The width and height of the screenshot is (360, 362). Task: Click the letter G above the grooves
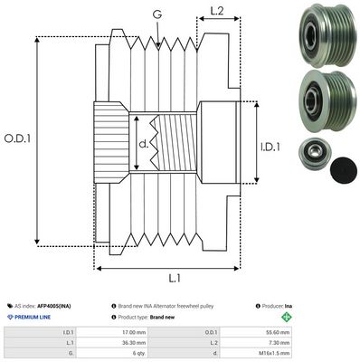pos(158,15)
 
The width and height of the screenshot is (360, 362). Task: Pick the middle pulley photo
pos(318,97)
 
